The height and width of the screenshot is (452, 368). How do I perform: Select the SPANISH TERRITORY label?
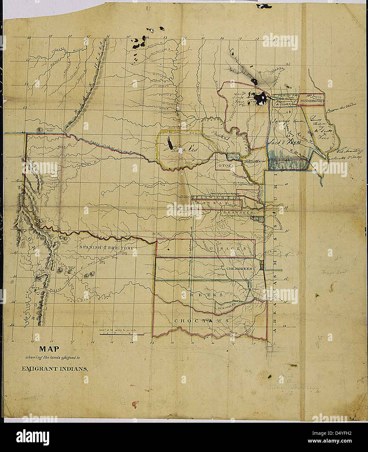tap(106, 248)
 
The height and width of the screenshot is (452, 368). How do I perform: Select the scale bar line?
tap(122, 335)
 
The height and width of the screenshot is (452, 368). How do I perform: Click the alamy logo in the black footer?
tap(33, 436)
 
